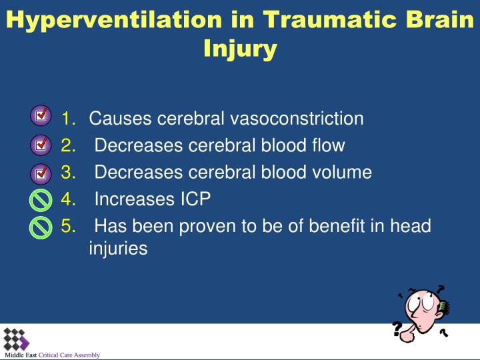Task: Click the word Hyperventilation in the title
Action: click(114, 20)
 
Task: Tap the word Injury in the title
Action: click(240, 49)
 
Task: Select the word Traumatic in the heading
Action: click(330, 19)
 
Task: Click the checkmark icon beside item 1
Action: click(41, 115)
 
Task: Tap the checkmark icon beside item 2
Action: click(41, 145)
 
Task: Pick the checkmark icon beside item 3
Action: click(41, 173)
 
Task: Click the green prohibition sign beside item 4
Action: click(41, 200)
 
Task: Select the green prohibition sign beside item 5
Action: click(41, 227)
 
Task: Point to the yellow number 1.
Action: click(68, 118)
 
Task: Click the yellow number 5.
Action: click(68, 226)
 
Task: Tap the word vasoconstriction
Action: click(297, 118)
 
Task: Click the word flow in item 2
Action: click(329, 145)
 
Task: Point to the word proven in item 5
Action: click(207, 227)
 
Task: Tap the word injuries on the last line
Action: click(118, 248)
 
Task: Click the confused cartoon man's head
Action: click(425, 307)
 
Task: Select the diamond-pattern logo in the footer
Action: click(16, 340)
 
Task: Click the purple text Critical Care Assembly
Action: click(69, 355)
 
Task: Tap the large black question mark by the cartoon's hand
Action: click(397, 329)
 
